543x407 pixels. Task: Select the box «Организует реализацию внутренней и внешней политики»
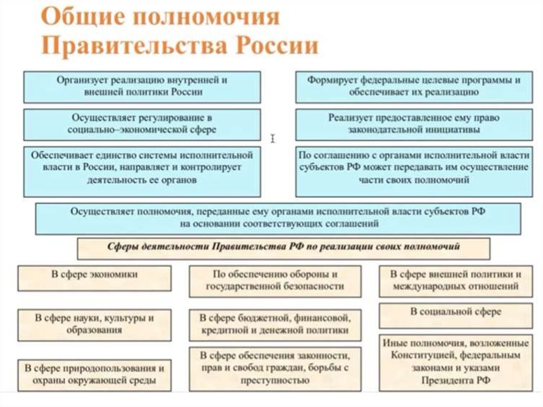point(142,86)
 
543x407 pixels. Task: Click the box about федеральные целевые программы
point(414,86)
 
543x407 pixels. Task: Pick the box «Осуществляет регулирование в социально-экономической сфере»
point(142,124)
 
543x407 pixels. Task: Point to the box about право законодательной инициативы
point(414,124)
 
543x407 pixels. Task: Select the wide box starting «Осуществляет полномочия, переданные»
point(278,218)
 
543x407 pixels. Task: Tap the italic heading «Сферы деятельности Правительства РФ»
point(284,247)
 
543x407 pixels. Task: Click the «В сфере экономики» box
point(94,276)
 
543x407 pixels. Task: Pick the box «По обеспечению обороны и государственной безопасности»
point(275,281)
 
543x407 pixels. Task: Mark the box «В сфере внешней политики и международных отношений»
point(456,281)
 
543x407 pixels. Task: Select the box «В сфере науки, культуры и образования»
point(94,324)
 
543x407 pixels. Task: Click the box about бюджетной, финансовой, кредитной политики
point(275,324)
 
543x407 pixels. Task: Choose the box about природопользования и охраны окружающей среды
point(94,374)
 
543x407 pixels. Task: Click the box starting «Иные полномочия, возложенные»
point(456,362)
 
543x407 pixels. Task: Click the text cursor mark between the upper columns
point(273,138)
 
